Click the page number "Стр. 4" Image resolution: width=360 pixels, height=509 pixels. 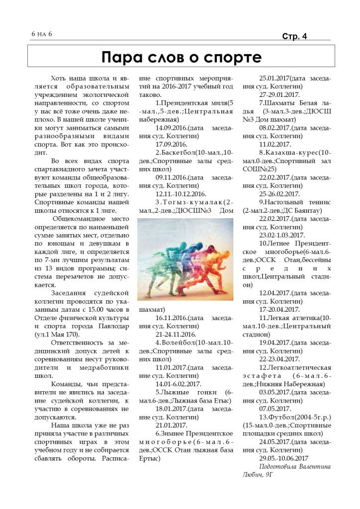pyautogui.click(x=294, y=36)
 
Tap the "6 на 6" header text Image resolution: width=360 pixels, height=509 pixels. pyautogui.click(x=41, y=34)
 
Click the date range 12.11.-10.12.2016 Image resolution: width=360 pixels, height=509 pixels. pyautogui.click(x=181, y=194)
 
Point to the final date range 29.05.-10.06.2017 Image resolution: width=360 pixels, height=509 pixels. pyautogui.click(x=284, y=458)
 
